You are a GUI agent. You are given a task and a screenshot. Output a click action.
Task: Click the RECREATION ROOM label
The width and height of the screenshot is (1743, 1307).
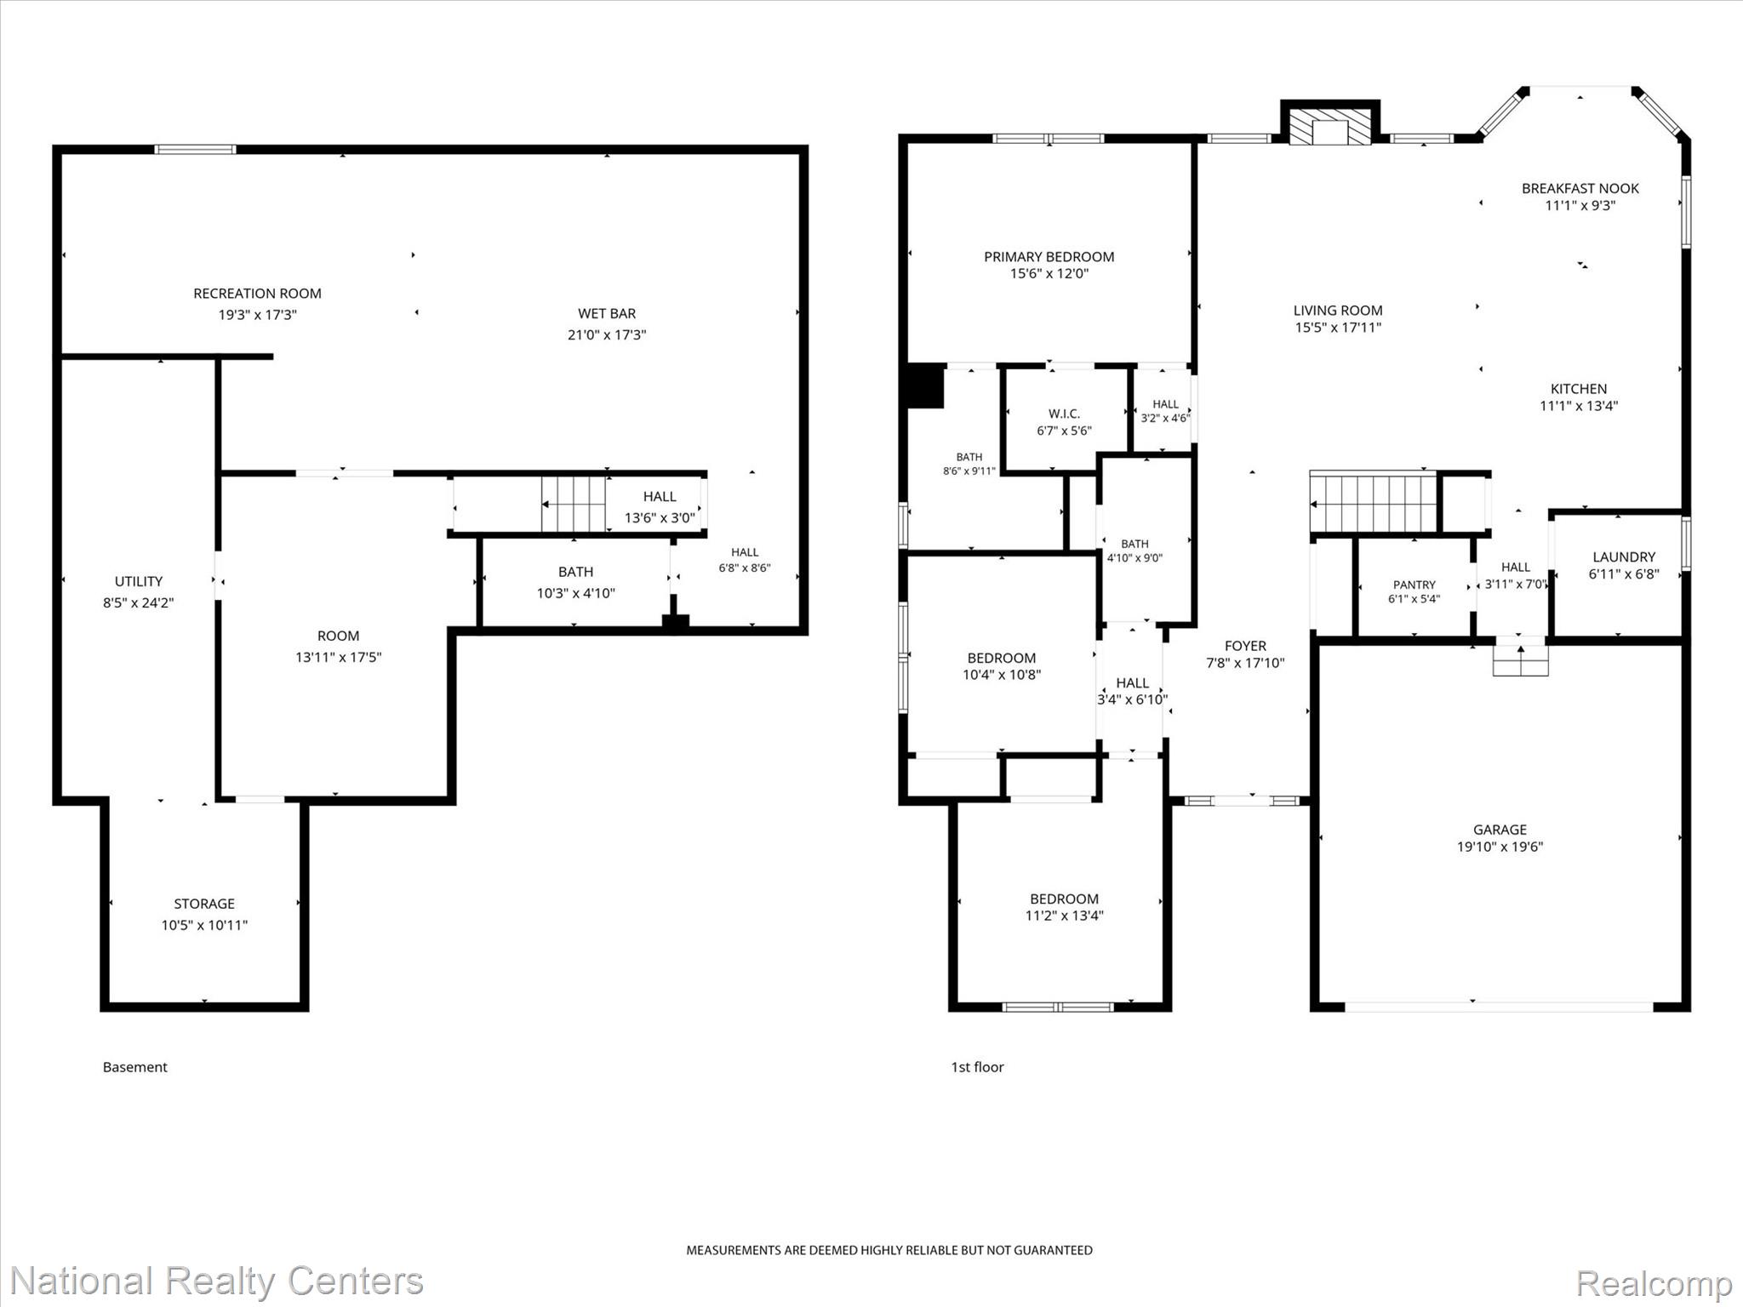[x=257, y=294]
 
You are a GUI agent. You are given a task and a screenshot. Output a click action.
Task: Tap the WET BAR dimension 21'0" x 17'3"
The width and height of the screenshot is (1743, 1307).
[x=607, y=334]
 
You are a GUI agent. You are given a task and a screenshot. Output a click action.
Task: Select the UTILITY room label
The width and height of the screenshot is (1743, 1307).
[x=139, y=581]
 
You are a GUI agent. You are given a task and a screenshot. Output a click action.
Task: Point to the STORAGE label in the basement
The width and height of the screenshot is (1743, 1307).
[x=204, y=904]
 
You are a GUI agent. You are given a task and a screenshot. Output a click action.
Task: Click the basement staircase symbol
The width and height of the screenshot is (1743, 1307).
[x=574, y=505]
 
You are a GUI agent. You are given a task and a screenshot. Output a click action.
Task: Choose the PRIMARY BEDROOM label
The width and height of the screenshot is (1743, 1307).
[x=1049, y=257]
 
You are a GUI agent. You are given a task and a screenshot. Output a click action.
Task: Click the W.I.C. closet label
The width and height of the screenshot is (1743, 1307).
[x=1064, y=414]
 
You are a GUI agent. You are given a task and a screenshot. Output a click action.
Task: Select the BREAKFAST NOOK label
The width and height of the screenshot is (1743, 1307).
[x=1580, y=188]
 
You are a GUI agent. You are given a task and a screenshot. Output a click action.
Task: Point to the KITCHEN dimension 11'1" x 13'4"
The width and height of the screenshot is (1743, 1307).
[x=1579, y=406]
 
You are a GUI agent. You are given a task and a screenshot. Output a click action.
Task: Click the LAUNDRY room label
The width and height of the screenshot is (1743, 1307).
[x=1624, y=557]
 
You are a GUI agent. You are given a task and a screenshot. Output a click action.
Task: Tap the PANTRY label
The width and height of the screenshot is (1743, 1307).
[x=1414, y=585]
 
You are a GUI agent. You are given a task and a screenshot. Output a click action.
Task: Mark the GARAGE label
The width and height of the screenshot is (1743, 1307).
[x=1500, y=830]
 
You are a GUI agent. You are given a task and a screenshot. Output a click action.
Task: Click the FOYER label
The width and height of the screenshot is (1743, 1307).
[x=1245, y=646]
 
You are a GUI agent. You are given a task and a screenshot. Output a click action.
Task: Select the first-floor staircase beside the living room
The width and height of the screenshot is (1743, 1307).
[x=1374, y=503]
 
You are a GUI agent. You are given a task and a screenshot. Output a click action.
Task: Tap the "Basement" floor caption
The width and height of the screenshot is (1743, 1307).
[x=135, y=1067]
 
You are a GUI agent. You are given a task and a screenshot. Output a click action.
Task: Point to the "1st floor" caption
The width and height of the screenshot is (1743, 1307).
[x=977, y=1067]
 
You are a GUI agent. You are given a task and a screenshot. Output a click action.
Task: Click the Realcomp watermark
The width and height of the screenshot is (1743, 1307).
[x=1654, y=1283]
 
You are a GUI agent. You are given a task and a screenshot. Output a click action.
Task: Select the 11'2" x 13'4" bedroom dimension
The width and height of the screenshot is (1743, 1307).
[x=1064, y=916]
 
